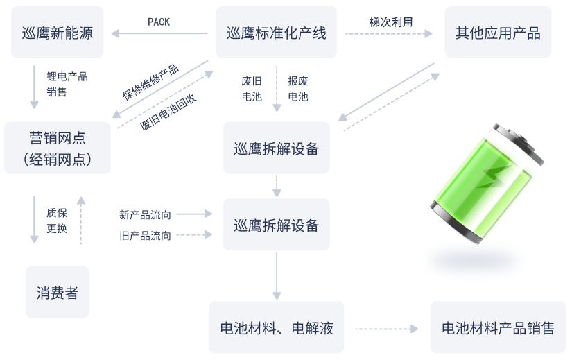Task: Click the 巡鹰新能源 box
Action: [58, 32]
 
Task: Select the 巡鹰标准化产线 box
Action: [276, 32]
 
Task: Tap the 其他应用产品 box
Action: [498, 32]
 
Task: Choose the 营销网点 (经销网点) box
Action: [58, 148]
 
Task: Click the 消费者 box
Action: [58, 292]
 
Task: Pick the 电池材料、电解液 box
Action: [276, 327]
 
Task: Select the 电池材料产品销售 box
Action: [498, 327]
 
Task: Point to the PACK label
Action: [159, 22]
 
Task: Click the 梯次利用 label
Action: [391, 22]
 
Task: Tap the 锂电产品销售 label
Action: [67, 84]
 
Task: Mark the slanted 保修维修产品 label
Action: [150, 82]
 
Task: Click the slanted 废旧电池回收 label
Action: [168, 112]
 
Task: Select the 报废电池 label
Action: [297, 88]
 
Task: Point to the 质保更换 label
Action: [57, 221]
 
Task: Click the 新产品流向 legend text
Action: [145, 215]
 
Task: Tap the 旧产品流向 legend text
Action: [145, 236]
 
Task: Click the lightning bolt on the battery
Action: [493, 177]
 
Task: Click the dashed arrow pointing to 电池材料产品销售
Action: [386, 329]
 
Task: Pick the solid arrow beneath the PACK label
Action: [159, 33]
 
